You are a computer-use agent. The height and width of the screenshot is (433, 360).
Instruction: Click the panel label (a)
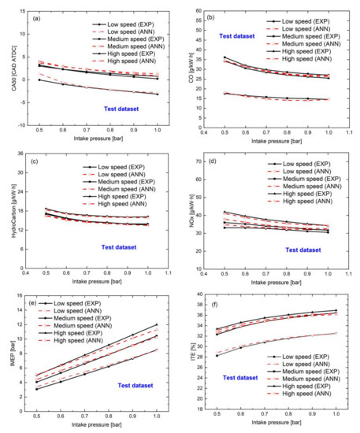tap(37, 17)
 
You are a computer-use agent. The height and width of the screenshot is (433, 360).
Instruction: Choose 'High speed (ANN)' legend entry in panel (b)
tap(308, 58)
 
